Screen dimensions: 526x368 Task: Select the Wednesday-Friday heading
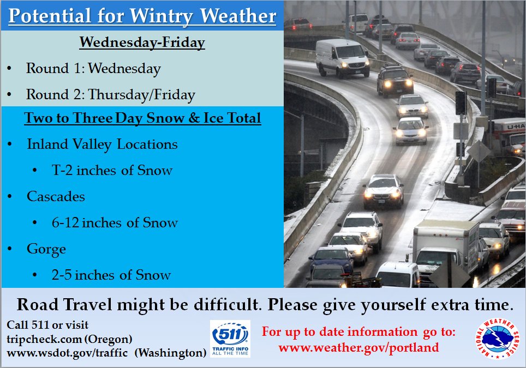142,43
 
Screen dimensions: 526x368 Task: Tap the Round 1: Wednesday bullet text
93,68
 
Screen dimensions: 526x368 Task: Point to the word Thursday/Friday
141,95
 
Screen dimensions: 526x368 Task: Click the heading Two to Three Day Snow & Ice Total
142,118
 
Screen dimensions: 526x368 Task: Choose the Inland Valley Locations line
103,144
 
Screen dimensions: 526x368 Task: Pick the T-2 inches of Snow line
112,170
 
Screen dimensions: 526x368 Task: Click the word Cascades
56,196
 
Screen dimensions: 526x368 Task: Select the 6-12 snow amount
65,222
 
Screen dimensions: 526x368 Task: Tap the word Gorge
46,249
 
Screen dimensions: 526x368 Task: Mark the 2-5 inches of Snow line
111,275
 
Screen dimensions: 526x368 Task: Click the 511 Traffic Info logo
230,339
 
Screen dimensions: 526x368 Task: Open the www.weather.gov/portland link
358,348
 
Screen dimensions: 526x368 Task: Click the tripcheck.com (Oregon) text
69,339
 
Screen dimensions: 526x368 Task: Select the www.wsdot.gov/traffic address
67,353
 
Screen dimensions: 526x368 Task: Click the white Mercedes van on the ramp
342,58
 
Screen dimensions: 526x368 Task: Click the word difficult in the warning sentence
226,305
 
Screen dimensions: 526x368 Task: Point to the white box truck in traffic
446,250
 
